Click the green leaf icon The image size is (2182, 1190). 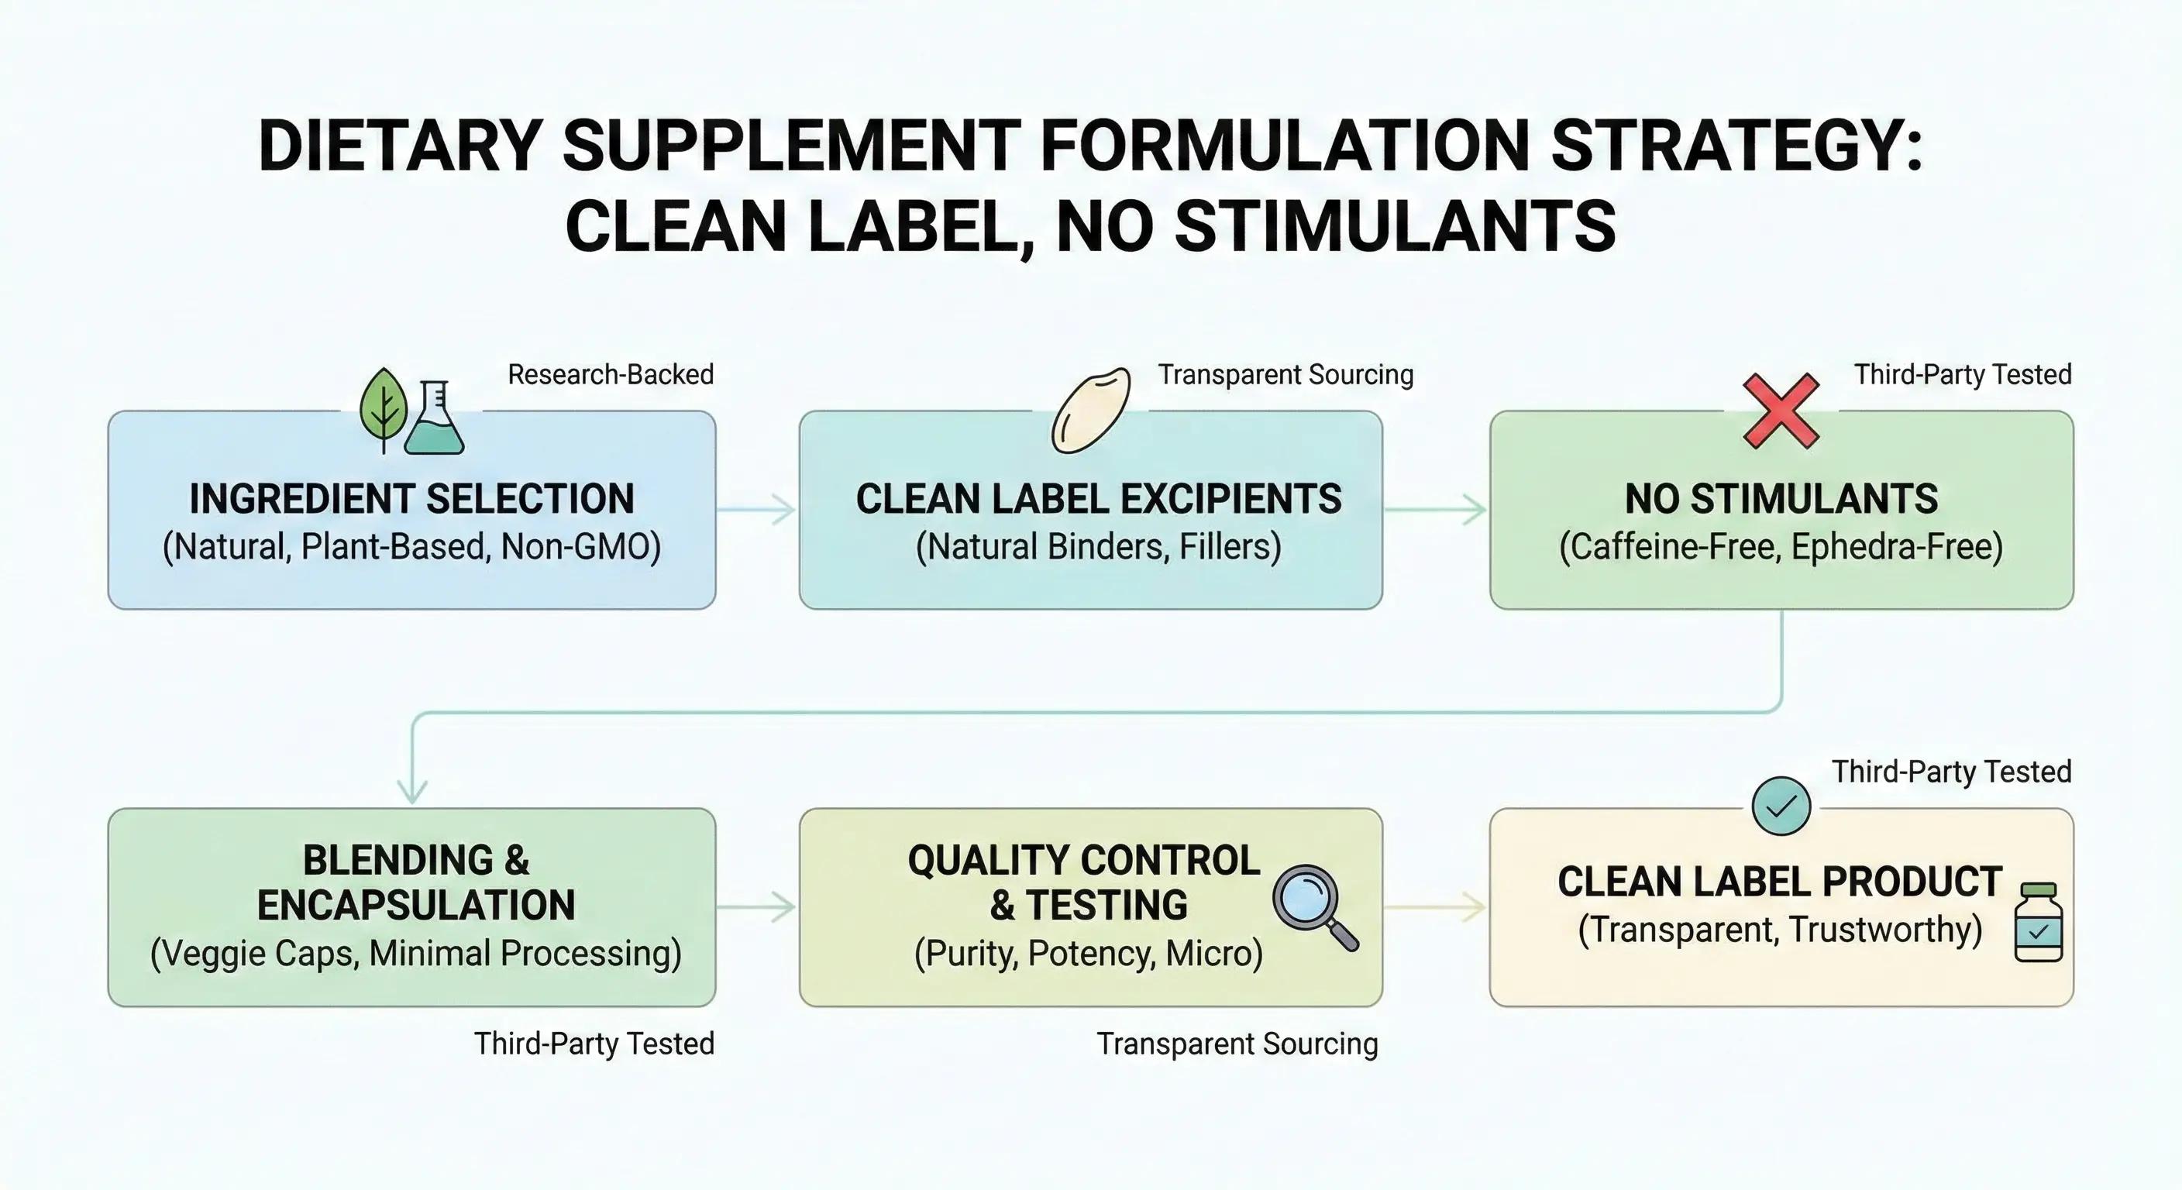point(383,408)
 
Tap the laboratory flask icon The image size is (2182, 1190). point(434,418)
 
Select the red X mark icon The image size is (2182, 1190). point(1781,411)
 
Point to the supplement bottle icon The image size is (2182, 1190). point(2038,923)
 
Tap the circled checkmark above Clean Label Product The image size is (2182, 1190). point(1781,807)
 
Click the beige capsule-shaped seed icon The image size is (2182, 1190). point(1090,410)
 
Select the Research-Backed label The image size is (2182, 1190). point(611,374)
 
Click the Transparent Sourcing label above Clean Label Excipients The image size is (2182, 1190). point(1285,374)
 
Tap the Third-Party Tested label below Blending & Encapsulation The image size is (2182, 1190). point(594,1044)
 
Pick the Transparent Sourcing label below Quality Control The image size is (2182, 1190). point(1237,1044)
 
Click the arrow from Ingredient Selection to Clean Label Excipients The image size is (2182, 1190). point(756,510)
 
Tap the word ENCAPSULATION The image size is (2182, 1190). point(416,906)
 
